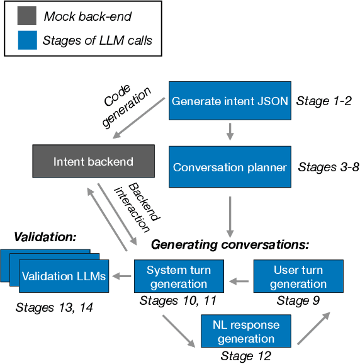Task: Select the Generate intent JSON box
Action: (x=230, y=101)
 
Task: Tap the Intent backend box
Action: (x=93, y=162)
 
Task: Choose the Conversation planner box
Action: (x=230, y=168)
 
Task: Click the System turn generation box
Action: (x=179, y=276)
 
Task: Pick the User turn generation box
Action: (x=298, y=276)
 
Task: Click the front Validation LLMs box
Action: (x=64, y=276)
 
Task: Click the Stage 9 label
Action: (x=298, y=301)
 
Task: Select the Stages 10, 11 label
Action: (x=177, y=301)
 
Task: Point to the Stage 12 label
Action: (x=245, y=356)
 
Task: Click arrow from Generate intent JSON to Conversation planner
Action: (x=230, y=132)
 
